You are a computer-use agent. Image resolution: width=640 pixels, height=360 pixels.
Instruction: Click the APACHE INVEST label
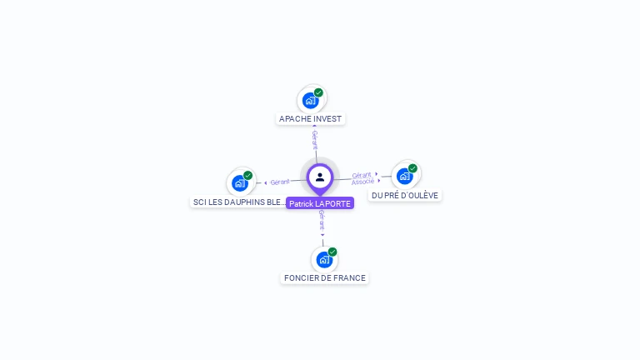(x=310, y=119)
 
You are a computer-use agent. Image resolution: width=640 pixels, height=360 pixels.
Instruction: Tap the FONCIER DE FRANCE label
(x=324, y=278)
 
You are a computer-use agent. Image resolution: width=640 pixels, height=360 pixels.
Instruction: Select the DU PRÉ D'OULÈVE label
(x=405, y=195)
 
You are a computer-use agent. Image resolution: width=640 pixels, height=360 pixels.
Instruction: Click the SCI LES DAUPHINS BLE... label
(x=239, y=202)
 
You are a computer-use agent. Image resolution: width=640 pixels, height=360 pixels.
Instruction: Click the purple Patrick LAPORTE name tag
(x=320, y=203)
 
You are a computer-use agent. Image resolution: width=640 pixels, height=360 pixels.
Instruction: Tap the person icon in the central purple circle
(x=320, y=177)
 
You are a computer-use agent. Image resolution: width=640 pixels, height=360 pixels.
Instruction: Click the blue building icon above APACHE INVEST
(x=310, y=101)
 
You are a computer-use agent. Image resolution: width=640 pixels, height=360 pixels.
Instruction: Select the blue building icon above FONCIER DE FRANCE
(x=323, y=260)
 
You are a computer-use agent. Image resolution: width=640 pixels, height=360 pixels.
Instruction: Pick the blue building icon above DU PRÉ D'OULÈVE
(x=404, y=176)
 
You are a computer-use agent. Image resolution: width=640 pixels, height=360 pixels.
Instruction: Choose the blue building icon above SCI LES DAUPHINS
(x=240, y=183)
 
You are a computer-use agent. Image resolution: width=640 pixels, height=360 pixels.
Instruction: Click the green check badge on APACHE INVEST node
(x=318, y=92)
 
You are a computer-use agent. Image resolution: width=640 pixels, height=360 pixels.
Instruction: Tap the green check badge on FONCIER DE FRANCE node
(x=332, y=252)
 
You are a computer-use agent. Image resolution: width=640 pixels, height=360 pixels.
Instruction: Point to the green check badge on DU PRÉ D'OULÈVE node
(x=412, y=168)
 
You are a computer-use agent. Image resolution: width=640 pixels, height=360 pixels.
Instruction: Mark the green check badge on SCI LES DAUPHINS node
(x=247, y=176)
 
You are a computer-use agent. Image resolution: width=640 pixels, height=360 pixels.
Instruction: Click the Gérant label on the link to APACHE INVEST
(x=315, y=139)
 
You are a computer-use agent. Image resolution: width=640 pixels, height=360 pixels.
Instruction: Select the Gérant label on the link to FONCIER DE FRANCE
(x=322, y=220)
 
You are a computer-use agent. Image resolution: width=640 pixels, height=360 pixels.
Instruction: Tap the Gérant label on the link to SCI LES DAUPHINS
(x=280, y=182)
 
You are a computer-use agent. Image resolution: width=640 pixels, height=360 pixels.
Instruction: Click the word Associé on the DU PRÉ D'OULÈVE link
(x=362, y=181)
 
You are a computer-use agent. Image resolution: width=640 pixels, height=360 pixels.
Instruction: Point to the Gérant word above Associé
(x=362, y=175)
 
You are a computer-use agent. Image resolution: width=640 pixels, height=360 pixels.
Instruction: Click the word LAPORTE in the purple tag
(x=333, y=203)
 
